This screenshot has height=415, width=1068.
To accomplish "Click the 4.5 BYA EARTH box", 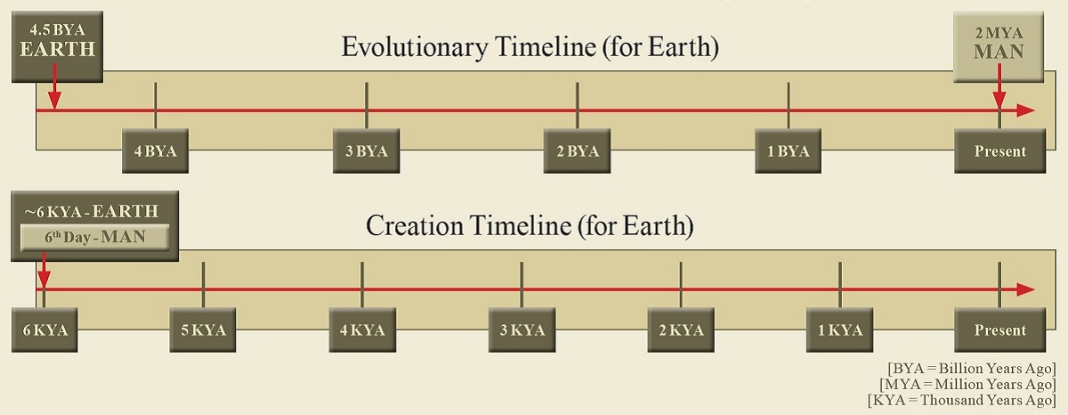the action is click(57, 46).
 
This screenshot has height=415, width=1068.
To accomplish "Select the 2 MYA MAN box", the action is click(999, 46).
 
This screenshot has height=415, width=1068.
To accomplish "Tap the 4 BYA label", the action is click(156, 151).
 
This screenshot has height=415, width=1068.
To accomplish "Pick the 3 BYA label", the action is click(366, 151).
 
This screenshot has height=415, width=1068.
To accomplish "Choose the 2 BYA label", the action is click(578, 151).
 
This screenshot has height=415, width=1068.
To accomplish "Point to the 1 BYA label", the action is click(789, 151).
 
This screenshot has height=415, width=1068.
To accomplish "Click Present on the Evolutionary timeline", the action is click(999, 151).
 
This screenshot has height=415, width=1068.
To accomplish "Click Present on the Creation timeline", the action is click(999, 330).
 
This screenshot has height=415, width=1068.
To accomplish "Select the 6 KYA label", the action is click(44, 330).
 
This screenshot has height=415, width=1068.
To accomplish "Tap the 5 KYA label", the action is click(203, 330).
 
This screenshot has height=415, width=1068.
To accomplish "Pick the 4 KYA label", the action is click(362, 330).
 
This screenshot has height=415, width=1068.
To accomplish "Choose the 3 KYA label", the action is click(522, 330).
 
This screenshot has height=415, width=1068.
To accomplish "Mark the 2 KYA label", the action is click(681, 330).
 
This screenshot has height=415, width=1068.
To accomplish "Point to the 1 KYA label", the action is click(840, 330).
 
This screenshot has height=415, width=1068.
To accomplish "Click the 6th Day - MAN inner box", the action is click(95, 237).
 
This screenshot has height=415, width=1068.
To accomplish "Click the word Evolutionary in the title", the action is click(415, 48).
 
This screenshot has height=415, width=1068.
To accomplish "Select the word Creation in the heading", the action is click(415, 225).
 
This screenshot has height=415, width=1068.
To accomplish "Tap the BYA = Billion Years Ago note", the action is click(972, 369).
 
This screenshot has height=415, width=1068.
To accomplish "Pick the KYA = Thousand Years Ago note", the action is click(962, 400).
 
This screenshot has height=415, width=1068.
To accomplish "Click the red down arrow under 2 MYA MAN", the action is click(999, 85).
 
